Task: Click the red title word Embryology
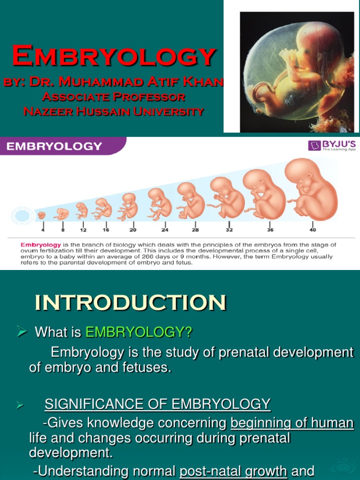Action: pyautogui.click(x=114, y=56)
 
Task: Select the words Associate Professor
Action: pyautogui.click(x=113, y=97)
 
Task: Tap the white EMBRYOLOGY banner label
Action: pyautogui.click(x=53, y=146)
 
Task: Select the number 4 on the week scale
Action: pyautogui.click(x=42, y=230)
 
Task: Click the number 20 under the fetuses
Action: pyautogui.click(x=133, y=230)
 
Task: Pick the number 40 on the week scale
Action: pyautogui.click(x=312, y=230)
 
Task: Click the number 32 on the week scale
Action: pyautogui.click(x=229, y=230)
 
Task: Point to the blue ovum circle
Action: pyautogui.click(x=21, y=216)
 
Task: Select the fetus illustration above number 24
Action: pyautogui.click(x=159, y=203)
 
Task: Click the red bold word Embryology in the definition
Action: pyautogui.click(x=40, y=245)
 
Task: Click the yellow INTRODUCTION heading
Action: pyautogui.click(x=130, y=303)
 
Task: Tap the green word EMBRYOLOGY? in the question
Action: pyautogui.click(x=139, y=332)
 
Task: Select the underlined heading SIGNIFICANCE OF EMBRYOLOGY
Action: pyautogui.click(x=157, y=404)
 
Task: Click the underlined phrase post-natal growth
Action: pyautogui.click(x=233, y=471)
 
